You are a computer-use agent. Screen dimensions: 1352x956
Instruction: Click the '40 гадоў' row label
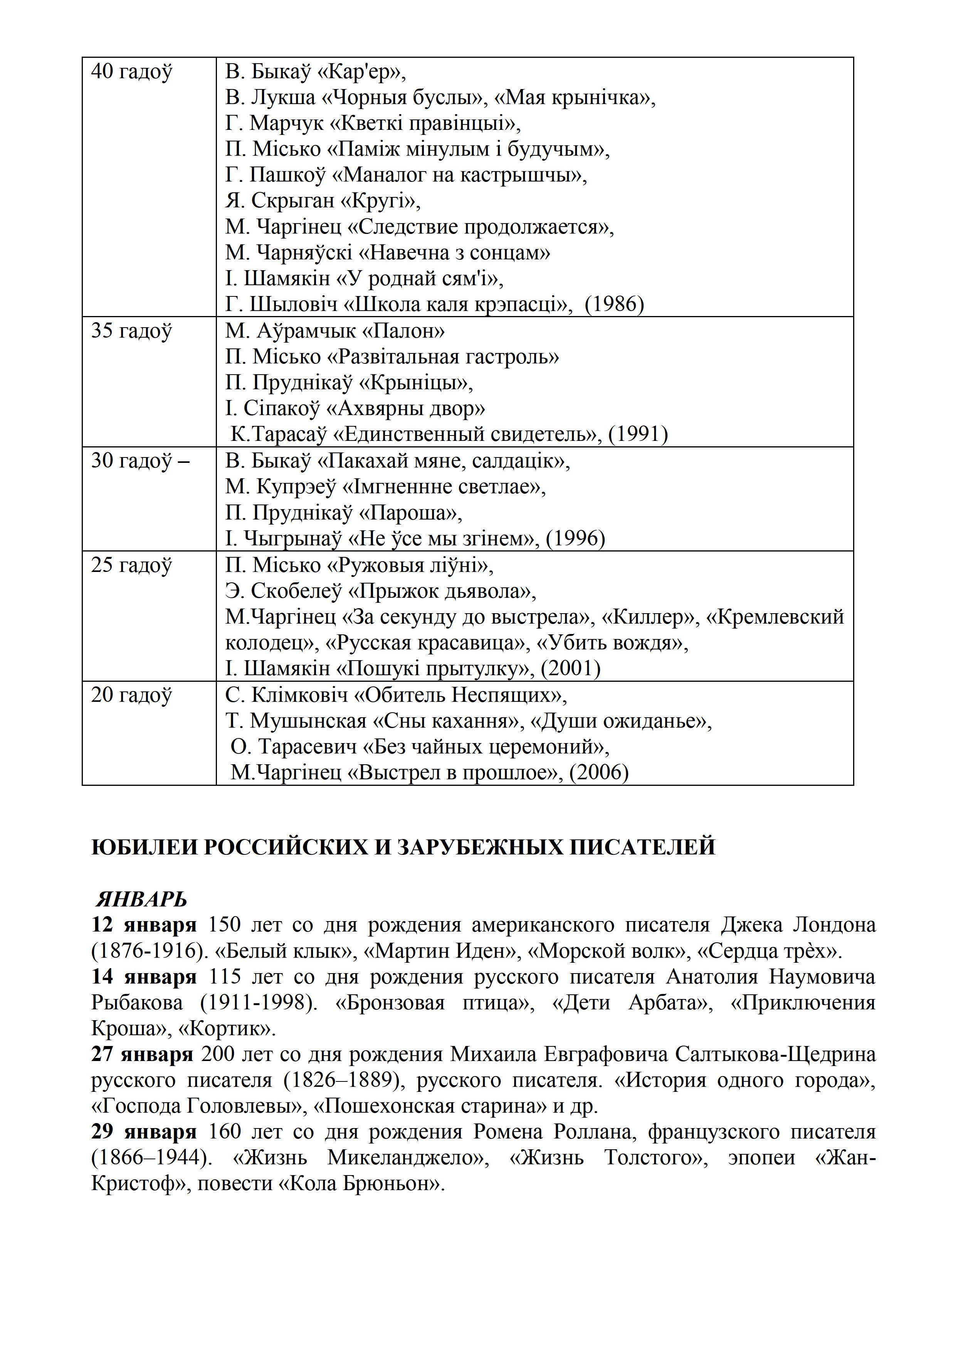pyautogui.click(x=131, y=72)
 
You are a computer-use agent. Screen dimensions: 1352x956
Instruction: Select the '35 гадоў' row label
pyautogui.click(x=131, y=331)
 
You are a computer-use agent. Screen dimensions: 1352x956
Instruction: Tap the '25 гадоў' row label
pyautogui.click(x=131, y=565)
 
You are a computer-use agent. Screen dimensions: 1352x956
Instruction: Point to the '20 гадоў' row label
pyautogui.click(x=131, y=695)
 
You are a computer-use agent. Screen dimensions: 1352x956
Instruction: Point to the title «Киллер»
pyautogui.click(x=647, y=617)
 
